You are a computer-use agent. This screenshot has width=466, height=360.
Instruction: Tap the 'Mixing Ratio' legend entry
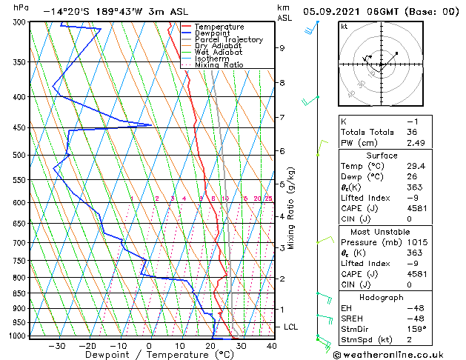click(219, 65)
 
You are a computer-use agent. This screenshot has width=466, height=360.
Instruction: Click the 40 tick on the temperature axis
click(271, 345)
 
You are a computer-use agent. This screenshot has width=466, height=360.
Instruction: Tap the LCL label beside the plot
click(291, 327)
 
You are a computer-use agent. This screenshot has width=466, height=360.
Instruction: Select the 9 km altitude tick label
click(282, 48)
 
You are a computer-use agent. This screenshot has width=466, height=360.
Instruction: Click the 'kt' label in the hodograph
click(344, 27)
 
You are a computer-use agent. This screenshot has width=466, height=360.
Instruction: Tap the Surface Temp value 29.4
click(416, 167)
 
